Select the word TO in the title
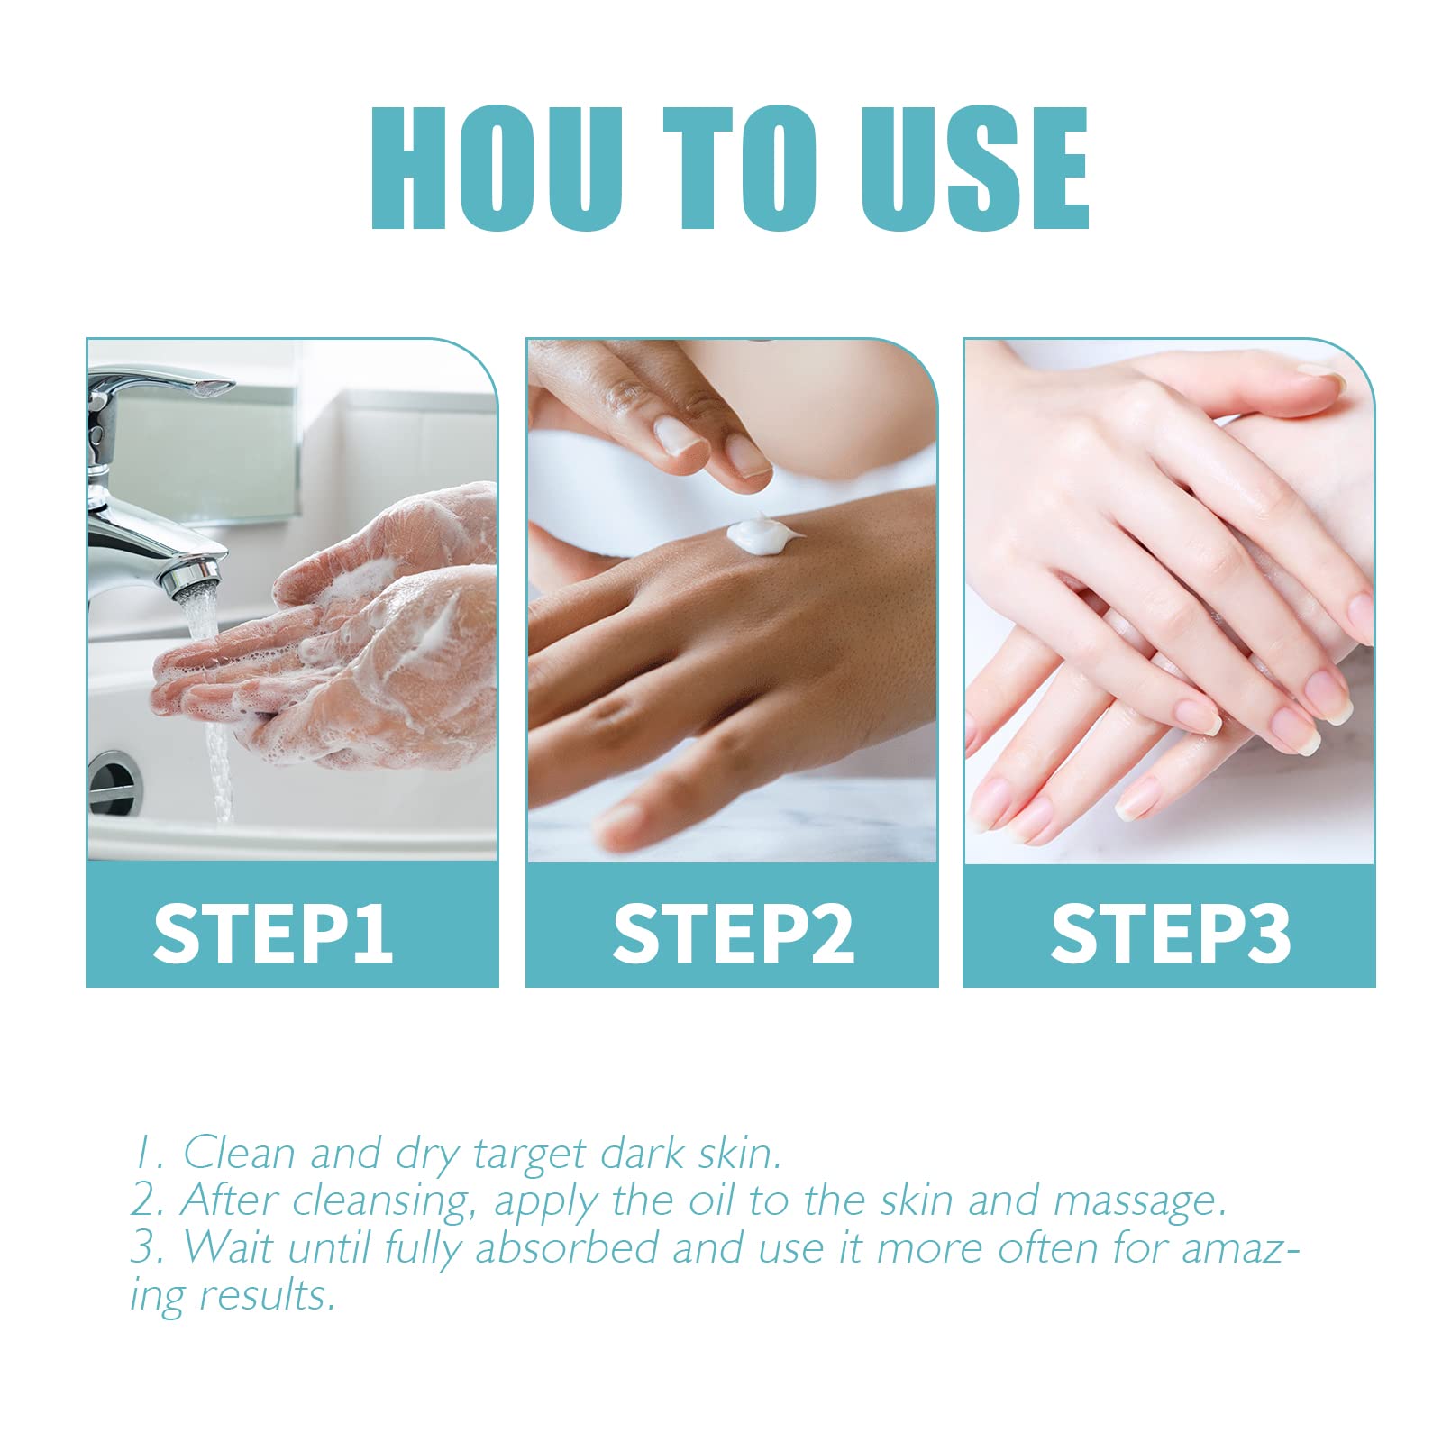(741, 169)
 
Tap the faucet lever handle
(162, 383)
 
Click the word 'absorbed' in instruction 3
(566, 1247)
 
